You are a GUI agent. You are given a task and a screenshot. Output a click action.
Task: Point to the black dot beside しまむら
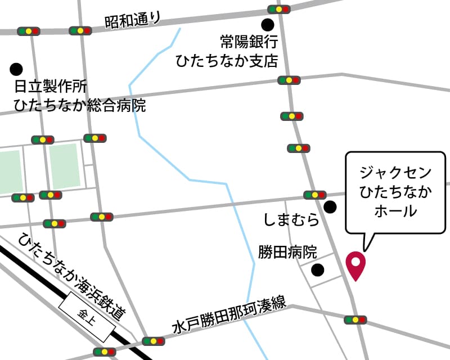[x=330, y=207]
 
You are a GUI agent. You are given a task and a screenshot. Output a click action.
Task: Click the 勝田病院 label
[x=288, y=252]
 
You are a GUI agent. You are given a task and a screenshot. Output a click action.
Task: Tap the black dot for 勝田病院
[x=318, y=270]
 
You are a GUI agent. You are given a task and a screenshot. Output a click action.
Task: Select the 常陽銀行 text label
[x=249, y=42]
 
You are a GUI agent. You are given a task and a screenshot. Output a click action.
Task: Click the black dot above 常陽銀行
[x=268, y=25]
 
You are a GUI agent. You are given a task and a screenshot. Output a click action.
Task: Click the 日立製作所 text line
[x=51, y=88]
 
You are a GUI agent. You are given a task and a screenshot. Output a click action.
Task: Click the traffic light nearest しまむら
[x=314, y=195]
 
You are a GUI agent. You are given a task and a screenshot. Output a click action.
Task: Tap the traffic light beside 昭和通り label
[x=80, y=30]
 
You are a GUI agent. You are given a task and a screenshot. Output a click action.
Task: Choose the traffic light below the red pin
[x=355, y=320]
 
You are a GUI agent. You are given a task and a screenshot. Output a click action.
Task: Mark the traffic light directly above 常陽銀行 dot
[x=278, y=10]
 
